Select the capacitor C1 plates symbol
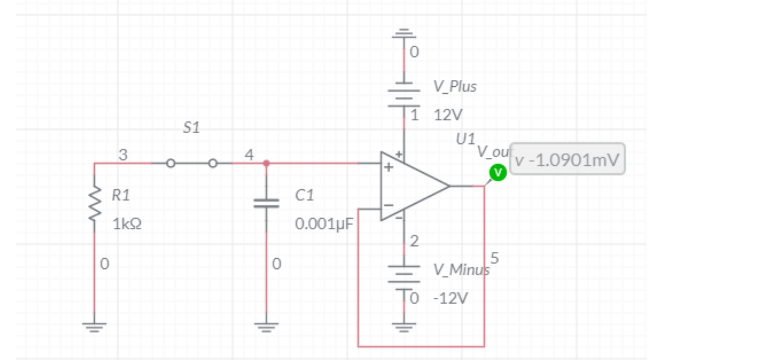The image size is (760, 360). click(266, 203)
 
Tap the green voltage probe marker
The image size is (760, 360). click(498, 173)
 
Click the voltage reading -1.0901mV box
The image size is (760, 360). click(567, 159)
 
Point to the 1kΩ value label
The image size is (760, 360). click(127, 224)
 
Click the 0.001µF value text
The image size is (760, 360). click(324, 224)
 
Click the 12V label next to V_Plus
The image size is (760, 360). click(448, 115)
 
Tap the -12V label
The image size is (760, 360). click(450, 298)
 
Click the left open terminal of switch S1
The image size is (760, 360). click(171, 163)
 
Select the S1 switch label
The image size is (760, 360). click(191, 128)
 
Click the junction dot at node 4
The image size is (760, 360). click(266, 163)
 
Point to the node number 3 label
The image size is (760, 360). click(123, 155)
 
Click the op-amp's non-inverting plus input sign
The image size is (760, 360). click(389, 167)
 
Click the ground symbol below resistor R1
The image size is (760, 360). click(95, 327)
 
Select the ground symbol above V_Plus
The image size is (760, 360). click(404, 33)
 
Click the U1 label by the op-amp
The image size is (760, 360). click(466, 139)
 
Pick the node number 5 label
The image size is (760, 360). click(494, 258)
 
